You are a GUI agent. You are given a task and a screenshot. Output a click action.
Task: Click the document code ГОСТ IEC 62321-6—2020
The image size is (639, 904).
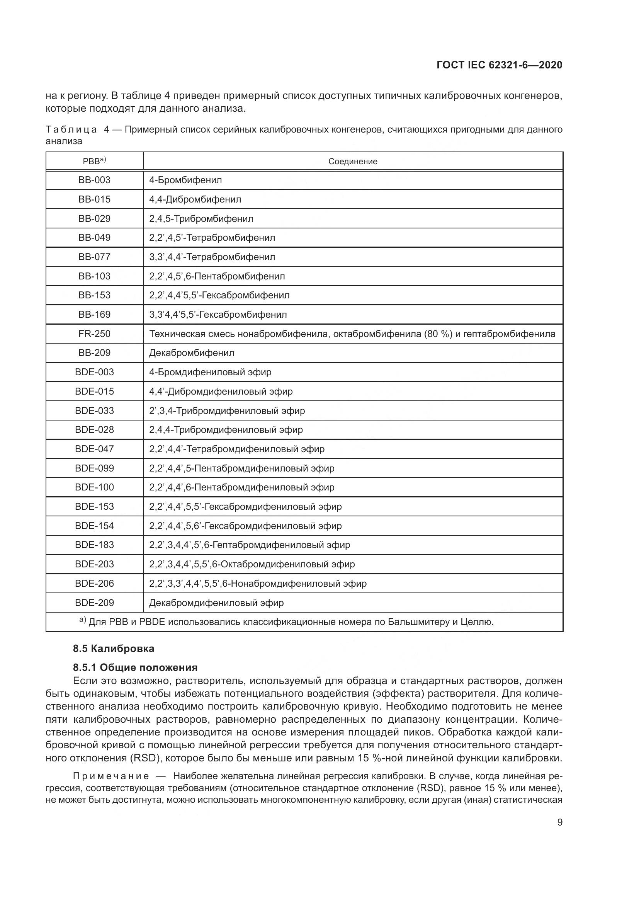pos(499,65)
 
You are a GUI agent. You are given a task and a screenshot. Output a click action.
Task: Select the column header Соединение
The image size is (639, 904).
pos(353,162)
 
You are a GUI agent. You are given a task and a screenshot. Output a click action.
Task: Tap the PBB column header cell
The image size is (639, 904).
pos(94,161)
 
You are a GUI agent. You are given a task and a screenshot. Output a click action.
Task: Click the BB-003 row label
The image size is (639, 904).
pos(94,180)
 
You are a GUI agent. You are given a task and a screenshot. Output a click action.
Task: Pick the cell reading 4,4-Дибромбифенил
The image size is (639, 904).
pos(195,199)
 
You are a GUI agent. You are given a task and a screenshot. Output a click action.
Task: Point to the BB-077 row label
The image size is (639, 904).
pos(94,257)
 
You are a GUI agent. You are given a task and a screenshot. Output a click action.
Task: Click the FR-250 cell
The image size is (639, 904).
pos(94,334)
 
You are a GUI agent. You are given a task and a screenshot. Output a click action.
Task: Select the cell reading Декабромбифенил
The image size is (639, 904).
pos(192,353)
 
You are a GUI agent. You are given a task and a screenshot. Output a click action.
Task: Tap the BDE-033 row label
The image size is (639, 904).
pos(94,411)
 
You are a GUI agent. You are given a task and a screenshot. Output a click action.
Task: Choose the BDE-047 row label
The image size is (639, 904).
pos(94,449)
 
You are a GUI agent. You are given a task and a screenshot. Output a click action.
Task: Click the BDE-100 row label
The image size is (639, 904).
pos(94,487)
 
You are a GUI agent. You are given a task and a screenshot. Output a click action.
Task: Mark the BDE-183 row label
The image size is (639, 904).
pos(94,545)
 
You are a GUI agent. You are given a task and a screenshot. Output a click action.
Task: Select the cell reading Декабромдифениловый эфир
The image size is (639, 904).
pos(216,603)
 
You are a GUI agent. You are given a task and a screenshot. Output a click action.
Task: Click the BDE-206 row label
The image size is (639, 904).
pos(94,584)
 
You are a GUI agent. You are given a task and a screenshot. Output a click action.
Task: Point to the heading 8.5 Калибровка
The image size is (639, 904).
pos(113,649)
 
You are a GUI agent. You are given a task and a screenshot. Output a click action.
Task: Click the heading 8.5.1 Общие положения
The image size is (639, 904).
pos(135,667)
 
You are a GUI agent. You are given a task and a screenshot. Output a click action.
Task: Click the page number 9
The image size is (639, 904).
pos(559,822)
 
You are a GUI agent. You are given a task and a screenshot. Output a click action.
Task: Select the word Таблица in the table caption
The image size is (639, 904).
pos(71,129)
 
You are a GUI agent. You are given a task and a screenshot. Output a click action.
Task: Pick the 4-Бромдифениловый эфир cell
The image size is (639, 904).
pos(210,372)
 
